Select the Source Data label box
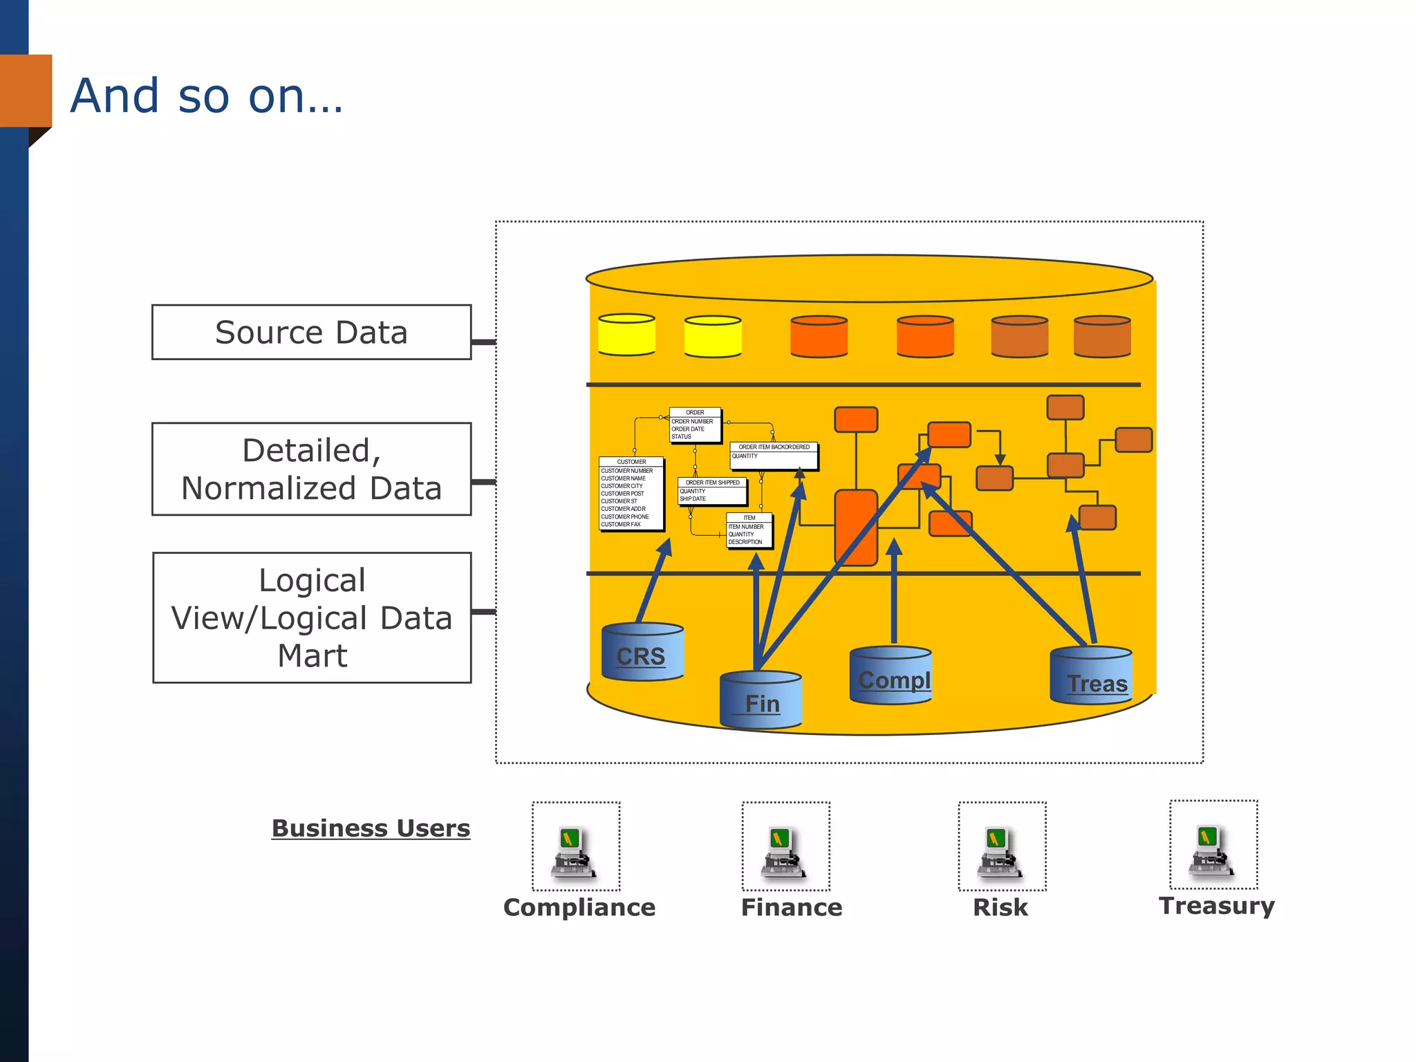pos(311,333)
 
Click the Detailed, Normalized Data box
pos(311,469)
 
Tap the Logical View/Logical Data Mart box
pos(312,617)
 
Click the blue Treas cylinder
pos(1091,678)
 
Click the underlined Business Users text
pos(371,828)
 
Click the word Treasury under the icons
pos(1216,906)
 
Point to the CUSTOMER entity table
pos(631,494)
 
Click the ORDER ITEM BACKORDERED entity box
pos(774,455)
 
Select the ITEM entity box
pos(749,530)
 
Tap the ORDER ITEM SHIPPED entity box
pos(712,491)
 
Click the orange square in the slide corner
pos(26,91)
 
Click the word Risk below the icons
pos(1000,908)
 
